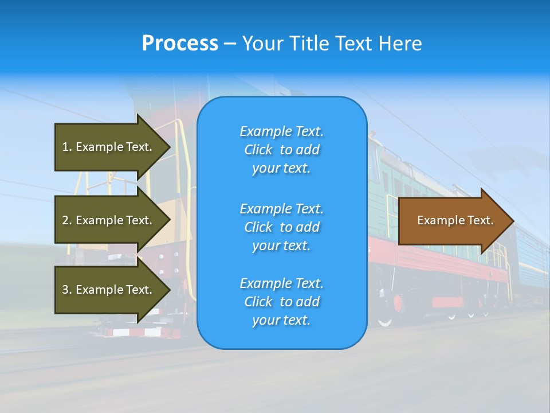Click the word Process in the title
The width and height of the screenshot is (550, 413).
(180, 44)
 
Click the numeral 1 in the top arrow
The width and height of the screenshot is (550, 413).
(65, 147)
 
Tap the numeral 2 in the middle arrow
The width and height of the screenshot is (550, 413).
(65, 220)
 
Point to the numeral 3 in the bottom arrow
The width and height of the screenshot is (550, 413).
(65, 290)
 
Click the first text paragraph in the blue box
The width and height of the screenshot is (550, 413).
(281, 150)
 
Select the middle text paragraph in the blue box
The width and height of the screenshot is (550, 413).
(281, 227)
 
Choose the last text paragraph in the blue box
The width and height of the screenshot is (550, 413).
(281, 302)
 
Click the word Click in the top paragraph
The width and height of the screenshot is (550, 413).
(258, 150)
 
